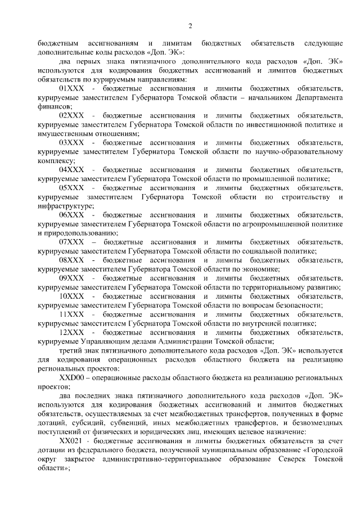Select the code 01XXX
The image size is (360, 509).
(71, 89)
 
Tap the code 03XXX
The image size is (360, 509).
(71, 143)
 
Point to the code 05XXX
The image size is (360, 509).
(71, 188)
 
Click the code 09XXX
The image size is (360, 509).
(71, 278)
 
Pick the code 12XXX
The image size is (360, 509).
(71, 332)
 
